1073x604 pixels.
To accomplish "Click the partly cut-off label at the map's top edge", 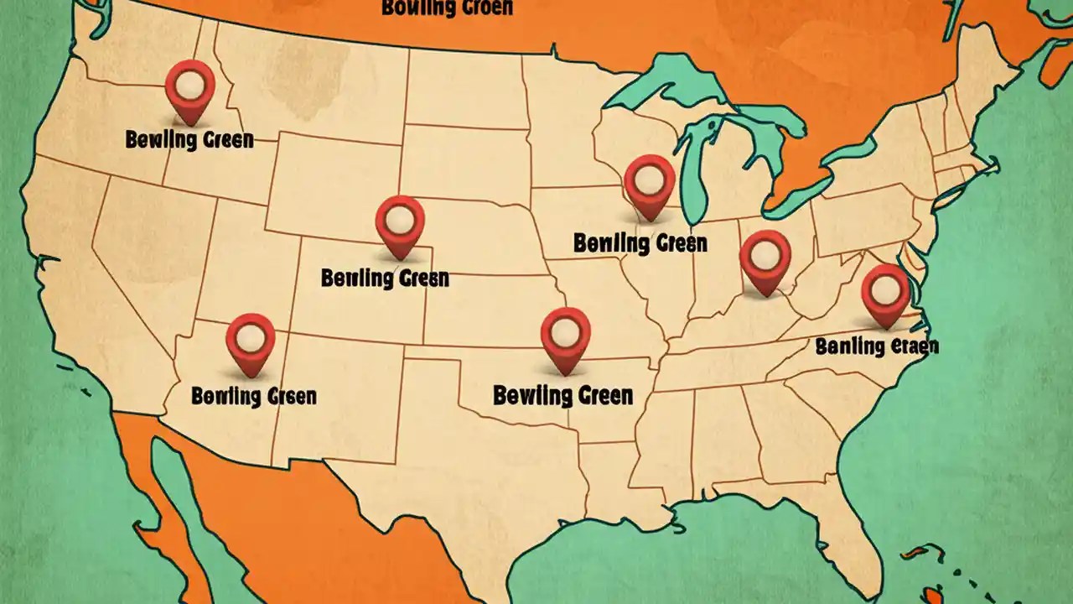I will coord(447,8).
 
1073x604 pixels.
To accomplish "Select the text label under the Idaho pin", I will coord(189,139).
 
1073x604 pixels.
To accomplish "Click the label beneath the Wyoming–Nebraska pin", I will coord(385,277).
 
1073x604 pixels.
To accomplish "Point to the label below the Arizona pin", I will coord(254,395).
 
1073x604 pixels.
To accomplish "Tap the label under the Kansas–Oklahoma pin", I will coord(562,394).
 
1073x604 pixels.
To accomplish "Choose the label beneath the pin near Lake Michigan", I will coord(640,243).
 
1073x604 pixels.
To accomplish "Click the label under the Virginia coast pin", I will coord(877,346).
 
